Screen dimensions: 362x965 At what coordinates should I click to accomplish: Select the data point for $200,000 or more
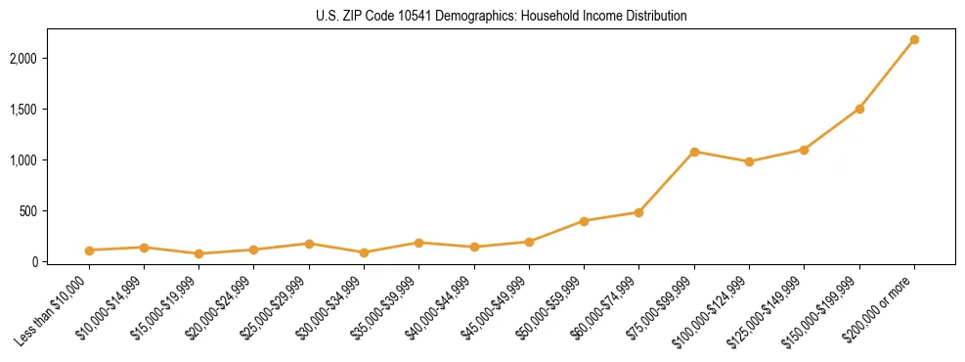[914, 39]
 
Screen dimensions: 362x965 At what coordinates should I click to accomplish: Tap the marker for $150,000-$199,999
[859, 109]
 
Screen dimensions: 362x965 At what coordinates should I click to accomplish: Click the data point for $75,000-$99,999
[694, 152]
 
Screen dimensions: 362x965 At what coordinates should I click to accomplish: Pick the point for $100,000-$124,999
[749, 161]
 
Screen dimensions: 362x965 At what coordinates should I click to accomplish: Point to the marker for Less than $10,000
[89, 250]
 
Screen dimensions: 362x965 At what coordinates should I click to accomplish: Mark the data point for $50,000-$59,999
[584, 221]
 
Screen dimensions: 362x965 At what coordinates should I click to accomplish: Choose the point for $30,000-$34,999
[364, 252]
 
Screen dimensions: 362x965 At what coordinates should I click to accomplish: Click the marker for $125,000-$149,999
[804, 150]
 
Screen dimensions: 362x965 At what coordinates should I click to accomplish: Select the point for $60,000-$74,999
[638, 212]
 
